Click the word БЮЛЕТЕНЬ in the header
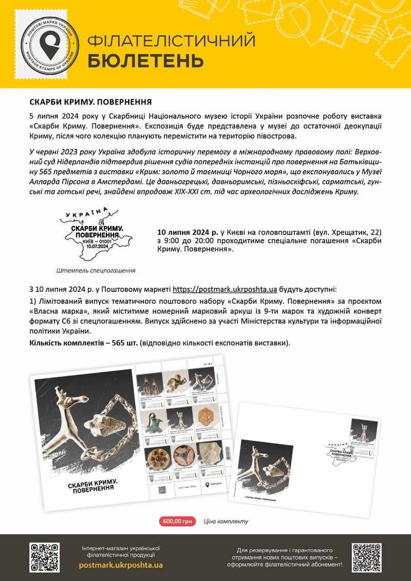(x=145, y=61)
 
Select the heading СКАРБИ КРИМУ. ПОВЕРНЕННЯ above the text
(x=90, y=101)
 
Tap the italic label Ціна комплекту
(x=226, y=521)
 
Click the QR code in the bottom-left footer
(x=45, y=557)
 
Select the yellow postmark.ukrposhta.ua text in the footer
(x=121, y=565)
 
